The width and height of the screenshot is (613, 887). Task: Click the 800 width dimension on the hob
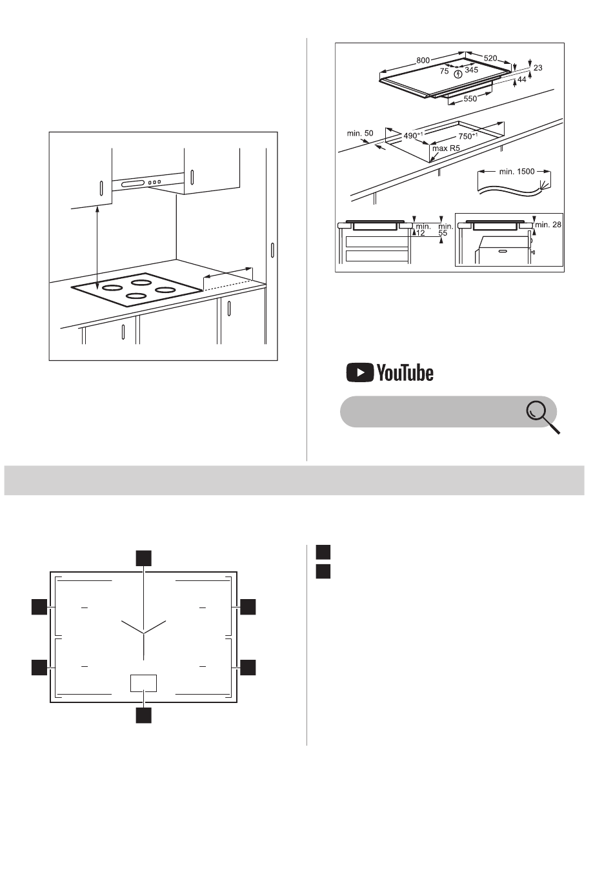pyautogui.click(x=423, y=60)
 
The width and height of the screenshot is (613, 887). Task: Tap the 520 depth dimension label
pyautogui.click(x=490, y=58)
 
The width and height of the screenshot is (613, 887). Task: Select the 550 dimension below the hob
pyautogui.click(x=470, y=99)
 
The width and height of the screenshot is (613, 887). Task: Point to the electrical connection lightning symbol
pyautogui.click(x=458, y=74)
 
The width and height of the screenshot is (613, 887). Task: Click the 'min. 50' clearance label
pyautogui.click(x=359, y=134)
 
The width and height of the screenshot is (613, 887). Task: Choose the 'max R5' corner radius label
pyautogui.click(x=446, y=148)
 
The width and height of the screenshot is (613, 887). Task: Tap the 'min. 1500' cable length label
pyautogui.click(x=516, y=172)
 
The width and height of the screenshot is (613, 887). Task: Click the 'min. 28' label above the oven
pyautogui.click(x=548, y=225)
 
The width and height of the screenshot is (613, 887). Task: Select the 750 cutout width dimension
pyautogui.click(x=467, y=136)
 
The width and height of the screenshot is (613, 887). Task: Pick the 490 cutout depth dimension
pyautogui.click(x=413, y=136)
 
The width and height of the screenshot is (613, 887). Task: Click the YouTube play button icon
pyautogui.click(x=359, y=372)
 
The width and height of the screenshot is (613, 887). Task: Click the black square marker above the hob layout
pyautogui.click(x=144, y=558)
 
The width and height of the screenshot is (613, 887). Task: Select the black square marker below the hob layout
pyautogui.click(x=144, y=715)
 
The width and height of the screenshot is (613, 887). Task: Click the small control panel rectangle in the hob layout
pyautogui.click(x=144, y=683)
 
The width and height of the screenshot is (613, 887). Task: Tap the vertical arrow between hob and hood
pyautogui.click(x=97, y=247)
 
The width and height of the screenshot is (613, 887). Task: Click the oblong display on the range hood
pyautogui.click(x=133, y=183)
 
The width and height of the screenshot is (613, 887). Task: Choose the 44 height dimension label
pyautogui.click(x=522, y=79)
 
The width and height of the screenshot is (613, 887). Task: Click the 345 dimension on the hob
pyautogui.click(x=471, y=70)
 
